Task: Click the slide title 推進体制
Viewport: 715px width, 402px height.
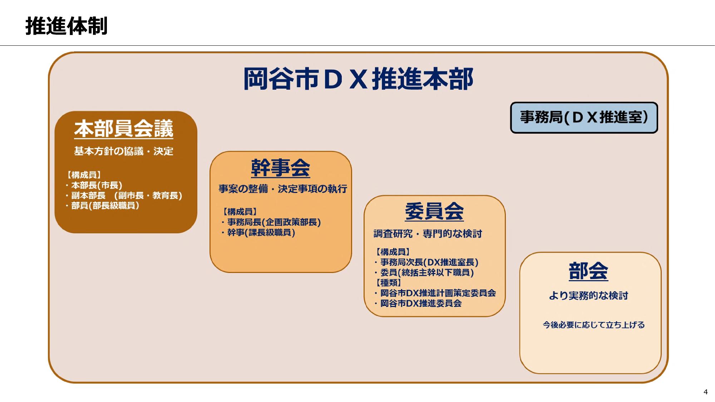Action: click(66, 26)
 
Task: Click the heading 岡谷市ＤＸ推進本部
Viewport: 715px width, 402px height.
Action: click(358, 79)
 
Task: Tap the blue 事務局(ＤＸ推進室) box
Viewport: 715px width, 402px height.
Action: click(584, 118)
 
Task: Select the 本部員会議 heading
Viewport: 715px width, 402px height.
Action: click(124, 129)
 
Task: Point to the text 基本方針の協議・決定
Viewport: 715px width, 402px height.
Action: click(124, 151)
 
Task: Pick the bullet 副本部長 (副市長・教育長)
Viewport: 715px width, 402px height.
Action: click(126, 195)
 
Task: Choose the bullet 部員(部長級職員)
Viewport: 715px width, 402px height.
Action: click(105, 205)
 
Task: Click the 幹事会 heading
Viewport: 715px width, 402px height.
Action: click(281, 168)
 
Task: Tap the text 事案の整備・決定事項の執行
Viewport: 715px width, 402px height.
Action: click(283, 189)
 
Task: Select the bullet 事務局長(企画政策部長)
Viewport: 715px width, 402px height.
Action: click(274, 222)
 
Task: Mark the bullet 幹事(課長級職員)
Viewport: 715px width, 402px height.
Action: click(261, 233)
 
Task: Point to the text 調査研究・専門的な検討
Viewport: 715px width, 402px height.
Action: click(428, 234)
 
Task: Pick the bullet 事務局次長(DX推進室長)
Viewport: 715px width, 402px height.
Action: click(429, 262)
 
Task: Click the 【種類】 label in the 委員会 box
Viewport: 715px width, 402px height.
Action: click(388, 283)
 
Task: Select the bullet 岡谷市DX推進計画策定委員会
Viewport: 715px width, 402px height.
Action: click(438, 293)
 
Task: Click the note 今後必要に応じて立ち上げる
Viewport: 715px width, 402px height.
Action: click(593, 325)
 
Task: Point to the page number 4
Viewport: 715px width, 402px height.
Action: click(705, 392)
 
